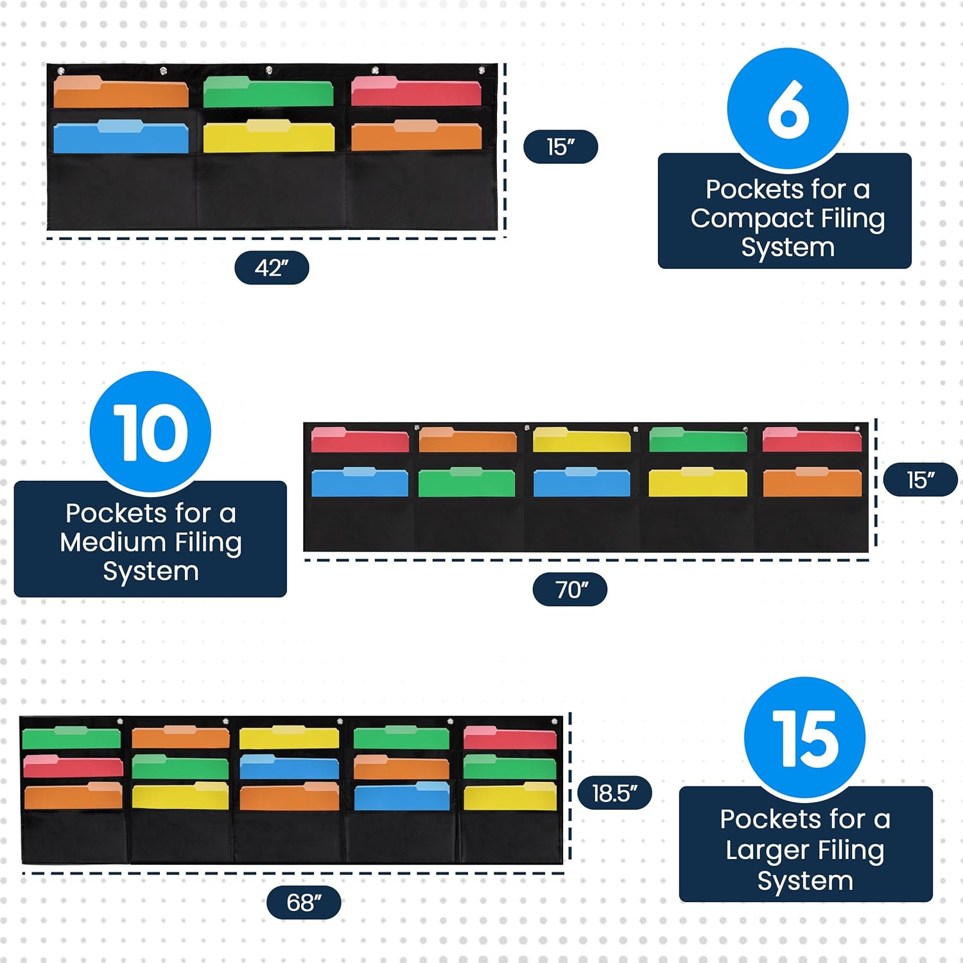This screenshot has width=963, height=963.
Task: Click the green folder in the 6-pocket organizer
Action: [268, 93]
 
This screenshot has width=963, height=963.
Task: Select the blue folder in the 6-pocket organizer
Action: [121, 137]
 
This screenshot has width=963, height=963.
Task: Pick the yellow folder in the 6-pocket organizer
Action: [268, 137]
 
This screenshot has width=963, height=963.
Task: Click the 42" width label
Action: [272, 268]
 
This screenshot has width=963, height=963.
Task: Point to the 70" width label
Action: [570, 589]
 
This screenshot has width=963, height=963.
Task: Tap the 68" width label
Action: [304, 903]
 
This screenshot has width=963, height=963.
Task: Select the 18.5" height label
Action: [614, 794]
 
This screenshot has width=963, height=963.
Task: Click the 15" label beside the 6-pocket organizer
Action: [560, 147]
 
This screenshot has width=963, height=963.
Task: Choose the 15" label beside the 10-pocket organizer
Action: [920, 480]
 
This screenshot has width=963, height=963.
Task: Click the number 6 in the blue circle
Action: [788, 110]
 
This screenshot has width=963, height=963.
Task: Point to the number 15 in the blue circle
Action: [805, 739]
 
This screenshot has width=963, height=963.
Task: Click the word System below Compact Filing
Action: [788, 247]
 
